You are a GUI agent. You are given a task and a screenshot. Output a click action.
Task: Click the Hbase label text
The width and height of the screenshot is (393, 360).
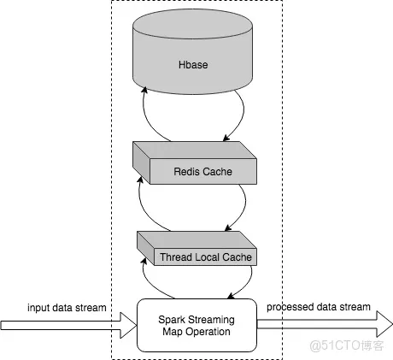[x=193, y=65]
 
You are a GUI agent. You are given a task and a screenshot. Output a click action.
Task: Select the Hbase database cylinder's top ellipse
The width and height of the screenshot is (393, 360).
[x=192, y=24]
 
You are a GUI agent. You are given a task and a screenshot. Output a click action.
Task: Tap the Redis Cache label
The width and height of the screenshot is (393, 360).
[x=202, y=172]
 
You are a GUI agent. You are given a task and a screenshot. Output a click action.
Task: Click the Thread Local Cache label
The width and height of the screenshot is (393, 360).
[x=206, y=257]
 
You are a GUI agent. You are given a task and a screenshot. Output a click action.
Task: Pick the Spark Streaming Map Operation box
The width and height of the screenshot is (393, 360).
[x=196, y=325]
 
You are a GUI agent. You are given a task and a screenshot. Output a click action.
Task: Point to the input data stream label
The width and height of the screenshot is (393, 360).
[x=67, y=308]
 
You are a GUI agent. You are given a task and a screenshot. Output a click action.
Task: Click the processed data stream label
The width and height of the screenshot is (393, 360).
[x=319, y=307]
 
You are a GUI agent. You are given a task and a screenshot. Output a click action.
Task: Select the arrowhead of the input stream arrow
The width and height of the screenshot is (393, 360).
[x=128, y=325]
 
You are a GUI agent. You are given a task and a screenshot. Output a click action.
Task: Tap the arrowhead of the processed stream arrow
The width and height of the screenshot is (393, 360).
[x=384, y=324]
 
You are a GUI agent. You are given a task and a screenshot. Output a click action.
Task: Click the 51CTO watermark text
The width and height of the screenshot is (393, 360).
[x=347, y=345]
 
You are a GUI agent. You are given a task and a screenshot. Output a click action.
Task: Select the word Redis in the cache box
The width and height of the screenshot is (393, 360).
[x=186, y=172]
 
